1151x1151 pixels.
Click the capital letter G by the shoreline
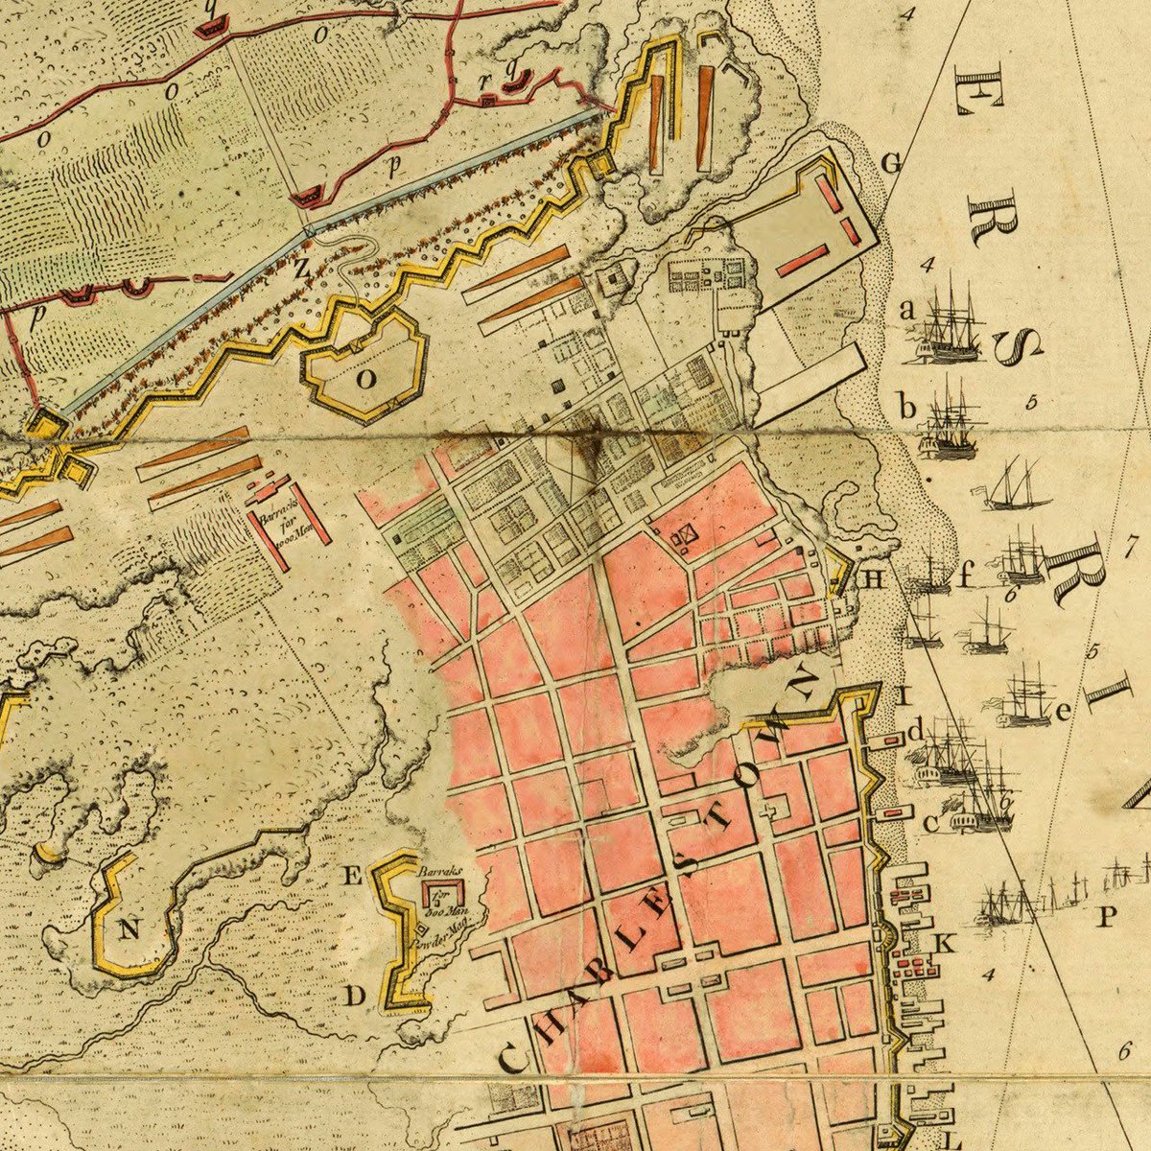pos(891,164)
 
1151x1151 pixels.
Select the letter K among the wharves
pos(945,943)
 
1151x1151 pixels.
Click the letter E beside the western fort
pos(351,875)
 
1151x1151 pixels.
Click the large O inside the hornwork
pos(365,379)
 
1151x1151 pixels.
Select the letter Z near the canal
pos(300,270)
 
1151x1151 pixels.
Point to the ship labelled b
pos(950,422)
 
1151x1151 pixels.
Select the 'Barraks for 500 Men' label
pos(440,891)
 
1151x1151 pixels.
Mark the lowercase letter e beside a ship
pos(1062,712)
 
